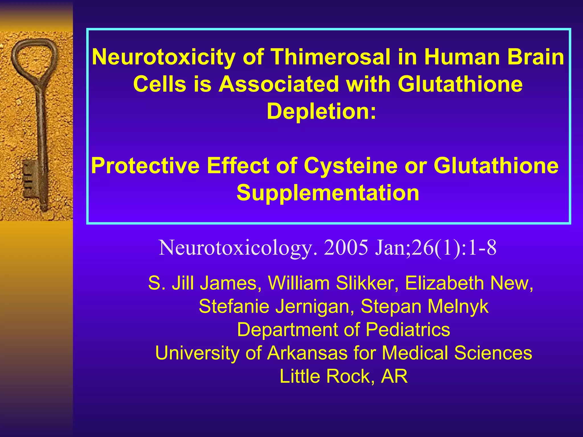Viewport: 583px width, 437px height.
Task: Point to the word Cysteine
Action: pyautogui.click(x=350, y=166)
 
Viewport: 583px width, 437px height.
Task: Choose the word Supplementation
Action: pyautogui.click(x=328, y=193)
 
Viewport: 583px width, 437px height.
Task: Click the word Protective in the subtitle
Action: pyautogui.click(x=145, y=166)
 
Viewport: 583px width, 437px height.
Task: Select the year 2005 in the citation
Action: pyautogui.click(x=346, y=248)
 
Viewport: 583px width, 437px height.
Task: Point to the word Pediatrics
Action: pyautogui.click(x=408, y=330)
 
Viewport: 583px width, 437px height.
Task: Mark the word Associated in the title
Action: pyautogui.click(x=279, y=84)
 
